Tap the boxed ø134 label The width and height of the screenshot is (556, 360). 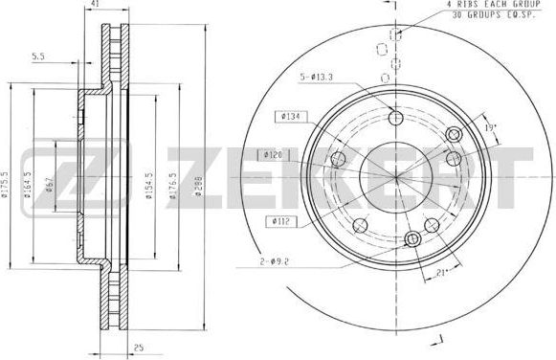(x=289, y=117)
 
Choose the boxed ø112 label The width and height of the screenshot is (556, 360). (x=280, y=222)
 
